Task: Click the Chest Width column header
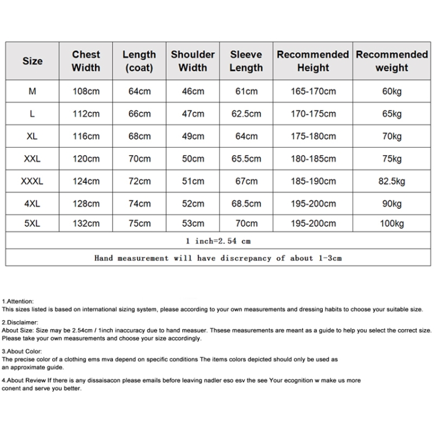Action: (x=86, y=61)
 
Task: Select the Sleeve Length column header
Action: (x=246, y=61)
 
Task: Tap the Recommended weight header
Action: (x=392, y=61)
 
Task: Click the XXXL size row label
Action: (x=32, y=181)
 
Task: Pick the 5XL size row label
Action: (x=32, y=223)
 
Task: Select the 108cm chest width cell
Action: (x=86, y=91)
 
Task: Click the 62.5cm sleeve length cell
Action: (x=246, y=114)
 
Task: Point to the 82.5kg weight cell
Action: (x=392, y=181)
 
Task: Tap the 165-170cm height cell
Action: (x=313, y=91)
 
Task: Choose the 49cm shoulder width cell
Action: (x=193, y=137)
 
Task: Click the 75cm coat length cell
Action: (x=139, y=223)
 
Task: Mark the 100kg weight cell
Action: (x=392, y=223)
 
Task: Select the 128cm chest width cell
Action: (x=86, y=204)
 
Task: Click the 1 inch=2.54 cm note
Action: (x=218, y=241)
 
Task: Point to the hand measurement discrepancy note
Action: (x=218, y=258)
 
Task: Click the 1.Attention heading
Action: (x=18, y=301)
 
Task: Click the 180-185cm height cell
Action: (x=313, y=159)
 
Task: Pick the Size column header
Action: (x=32, y=61)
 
